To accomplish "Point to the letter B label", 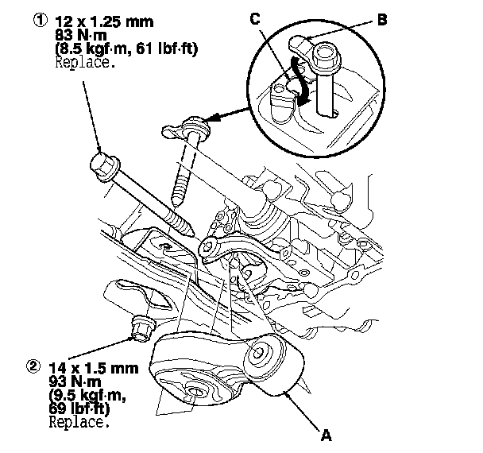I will (x=382, y=21).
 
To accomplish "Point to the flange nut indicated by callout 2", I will (x=142, y=327).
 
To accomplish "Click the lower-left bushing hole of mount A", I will (x=194, y=391).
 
